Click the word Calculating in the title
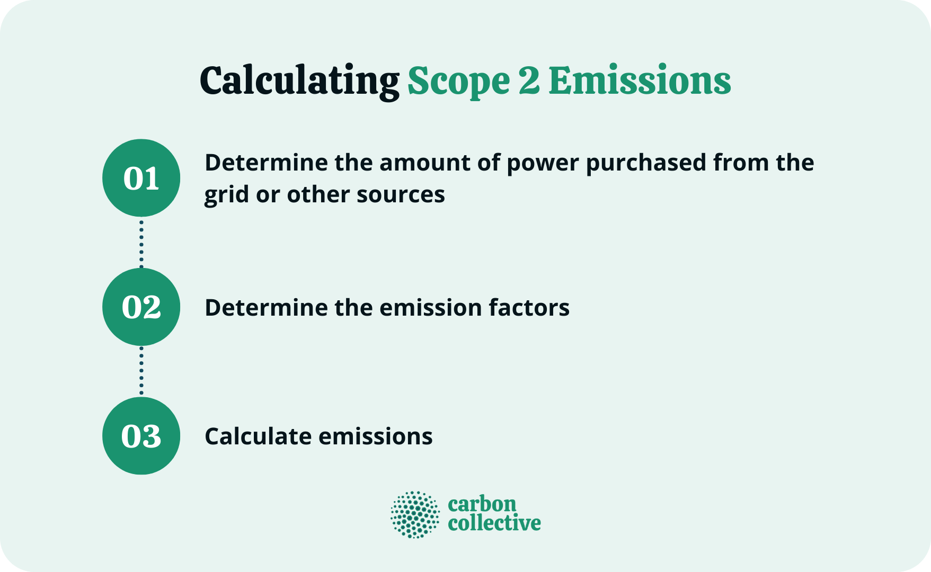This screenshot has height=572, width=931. [x=299, y=81]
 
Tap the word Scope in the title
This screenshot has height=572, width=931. [x=458, y=81]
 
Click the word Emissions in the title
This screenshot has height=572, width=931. [x=640, y=81]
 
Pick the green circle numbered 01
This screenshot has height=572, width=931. [x=141, y=178]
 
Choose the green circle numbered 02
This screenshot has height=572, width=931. [x=141, y=307]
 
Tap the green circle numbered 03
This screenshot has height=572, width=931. [x=141, y=436]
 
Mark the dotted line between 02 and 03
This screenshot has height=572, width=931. [x=141, y=371]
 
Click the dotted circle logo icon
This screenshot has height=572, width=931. [x=415, y=514]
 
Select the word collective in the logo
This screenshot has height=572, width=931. [x=494, y=523]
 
